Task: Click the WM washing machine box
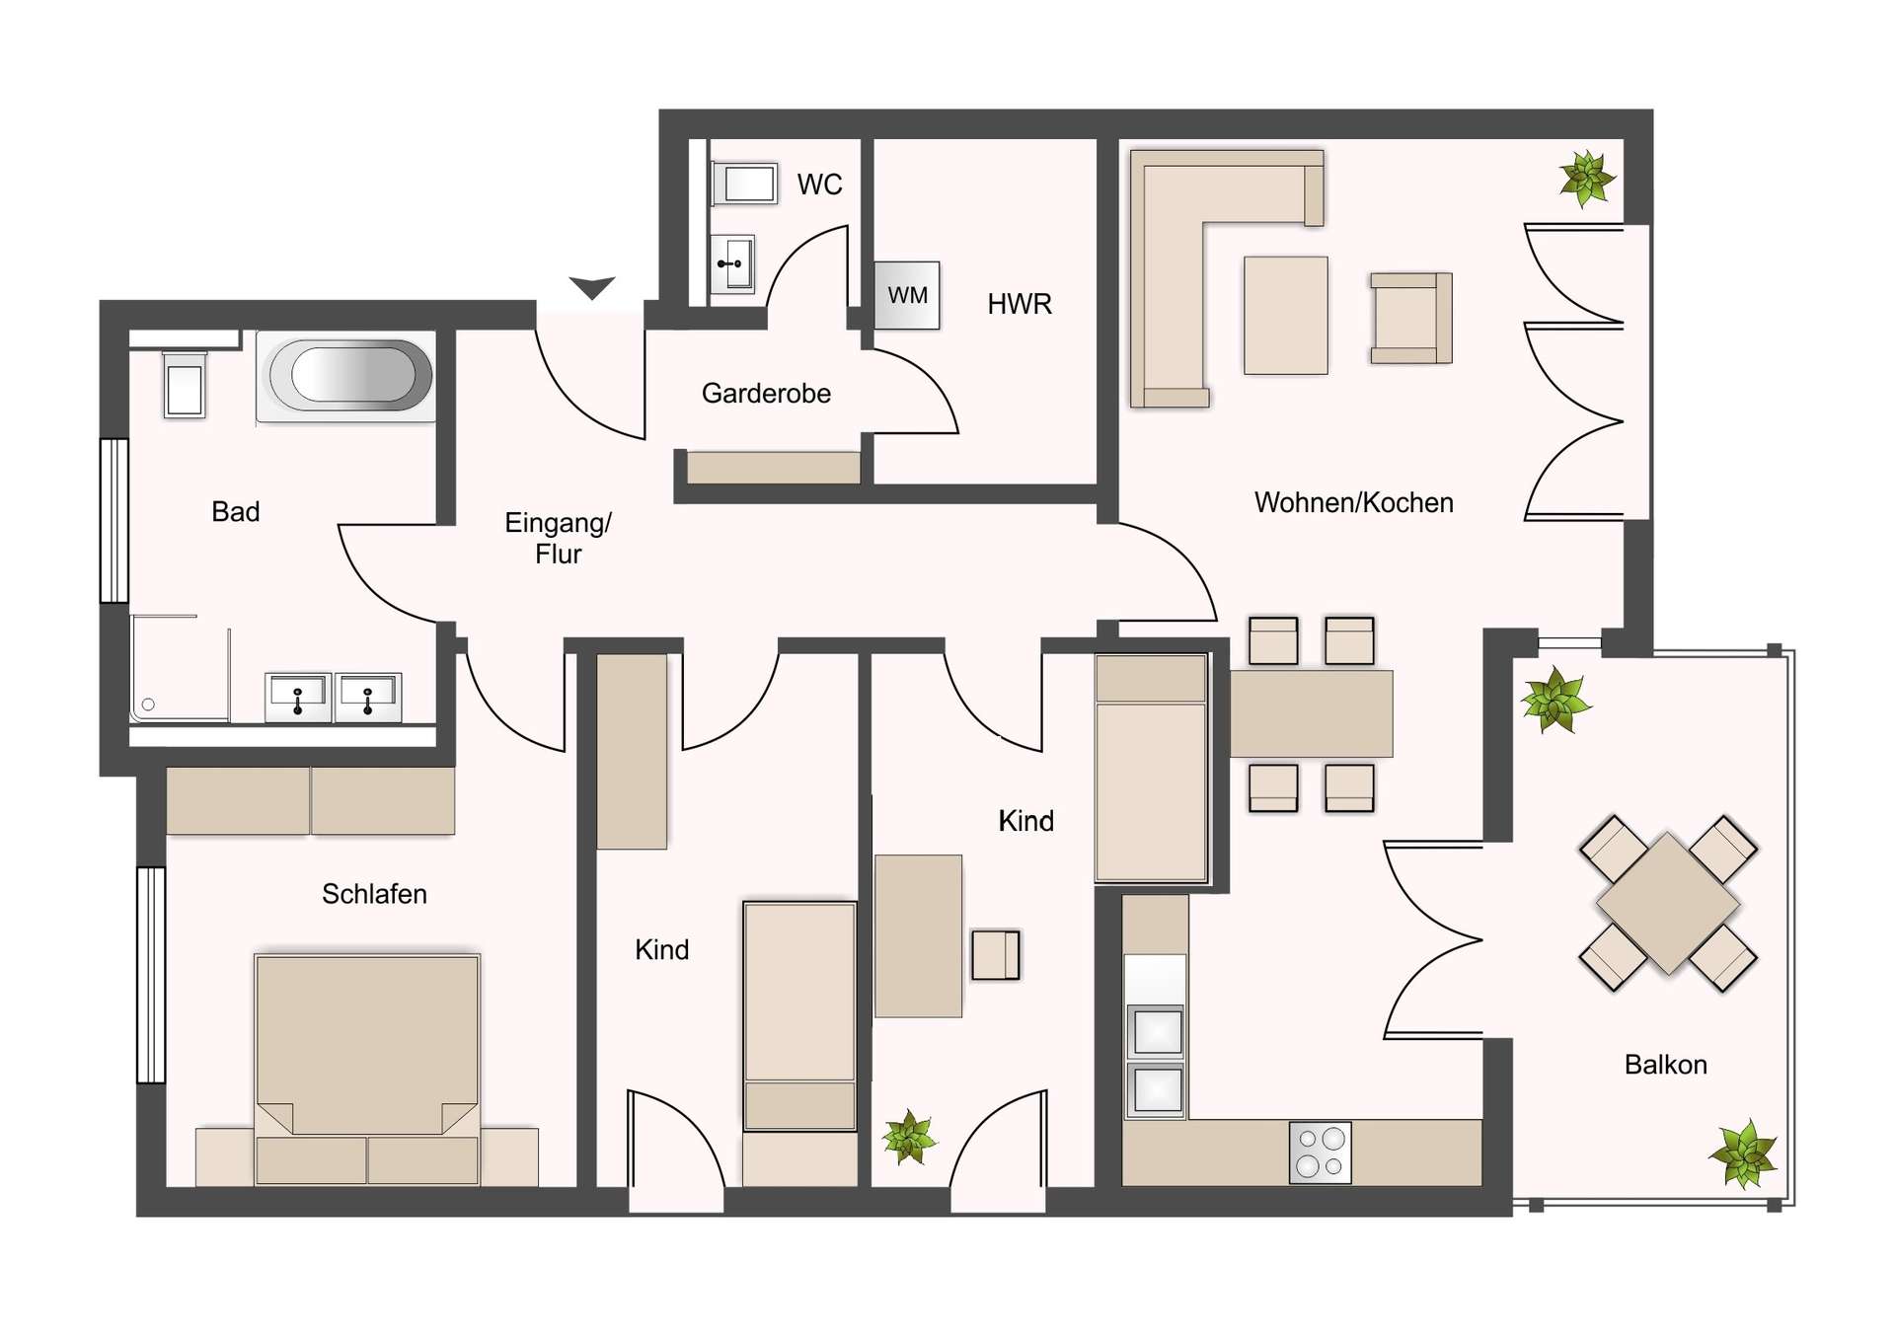907,295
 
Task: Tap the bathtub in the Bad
345,376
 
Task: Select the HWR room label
1020,304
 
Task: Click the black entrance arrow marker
592,287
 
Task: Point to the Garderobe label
766,394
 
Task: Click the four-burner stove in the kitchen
1321,1152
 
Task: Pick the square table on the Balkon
1668,903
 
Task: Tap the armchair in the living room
1410,318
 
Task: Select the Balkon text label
1665,1065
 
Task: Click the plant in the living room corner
1586,179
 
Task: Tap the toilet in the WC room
744,184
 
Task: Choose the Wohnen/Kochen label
1353,503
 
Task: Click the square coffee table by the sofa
1285,315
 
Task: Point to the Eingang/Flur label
558,538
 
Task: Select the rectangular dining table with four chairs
1311,713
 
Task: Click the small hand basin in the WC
733,263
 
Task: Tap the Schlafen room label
374,894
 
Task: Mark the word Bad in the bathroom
236,511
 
